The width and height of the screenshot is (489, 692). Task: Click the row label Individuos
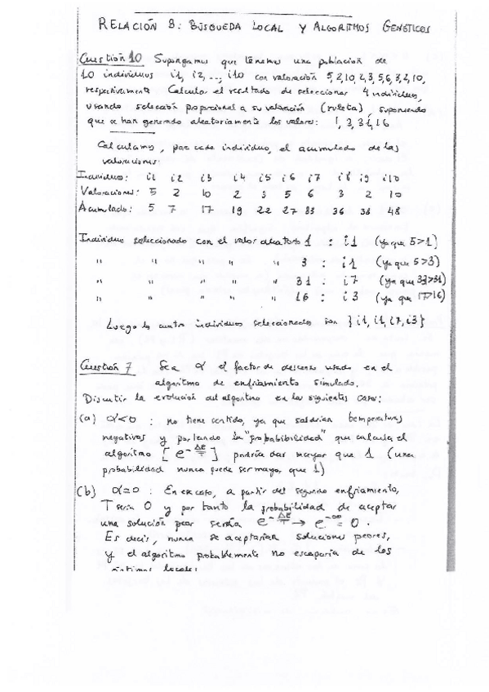click(101, 175)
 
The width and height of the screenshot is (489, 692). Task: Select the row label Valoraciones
click(106, 192)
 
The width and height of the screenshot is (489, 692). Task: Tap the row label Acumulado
click(104, 209)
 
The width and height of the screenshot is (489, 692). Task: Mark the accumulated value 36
click(333, 209)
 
